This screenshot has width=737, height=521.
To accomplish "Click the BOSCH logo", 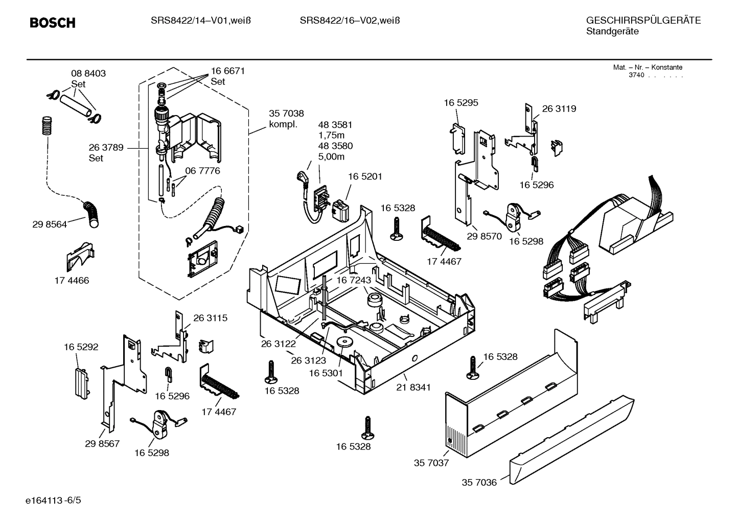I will (52, 23).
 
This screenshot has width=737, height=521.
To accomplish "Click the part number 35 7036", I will (479, 482).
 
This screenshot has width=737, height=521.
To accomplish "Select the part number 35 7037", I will (431, 463).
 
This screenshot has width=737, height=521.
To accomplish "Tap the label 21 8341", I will (413, 387).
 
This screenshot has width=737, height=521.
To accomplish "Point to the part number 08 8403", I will (88, 74).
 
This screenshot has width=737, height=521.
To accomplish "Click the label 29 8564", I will (49, 224).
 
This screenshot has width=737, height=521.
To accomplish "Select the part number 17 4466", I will (72, 280).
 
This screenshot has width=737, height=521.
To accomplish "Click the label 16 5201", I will (365, 176).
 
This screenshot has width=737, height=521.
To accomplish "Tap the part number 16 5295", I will (460, 103).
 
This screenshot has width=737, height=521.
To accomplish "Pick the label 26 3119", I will (559, 108).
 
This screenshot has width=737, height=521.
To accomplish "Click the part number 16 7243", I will (353, 280).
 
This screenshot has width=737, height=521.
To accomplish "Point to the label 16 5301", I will (326, 373).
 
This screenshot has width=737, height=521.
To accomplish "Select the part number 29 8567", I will (102, 443).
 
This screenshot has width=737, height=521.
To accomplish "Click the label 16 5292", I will (81, 347).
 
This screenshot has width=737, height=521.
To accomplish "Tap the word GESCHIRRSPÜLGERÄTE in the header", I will (643, 20).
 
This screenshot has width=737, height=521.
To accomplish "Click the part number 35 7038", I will (286, 114).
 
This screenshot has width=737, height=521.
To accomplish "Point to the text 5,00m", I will (331, 157).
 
